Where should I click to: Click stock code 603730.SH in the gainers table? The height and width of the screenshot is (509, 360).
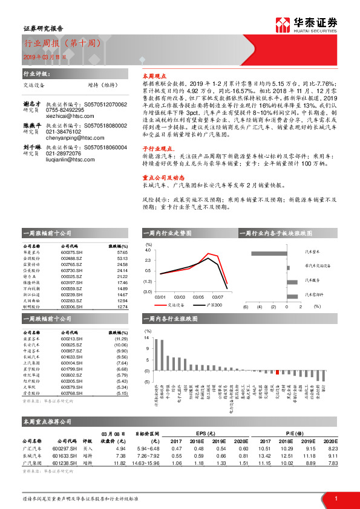(x=72, y=270)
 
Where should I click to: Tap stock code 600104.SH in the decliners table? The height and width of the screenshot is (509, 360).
(x=72, y=362)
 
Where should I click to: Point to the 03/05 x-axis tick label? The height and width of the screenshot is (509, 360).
(x=198, y=297)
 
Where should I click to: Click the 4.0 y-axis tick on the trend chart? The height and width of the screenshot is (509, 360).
(x=148, y=250)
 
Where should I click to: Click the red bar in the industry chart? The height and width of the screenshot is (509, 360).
(x=277, y=372)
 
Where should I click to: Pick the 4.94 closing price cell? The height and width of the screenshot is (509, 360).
(x=120, y=449)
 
